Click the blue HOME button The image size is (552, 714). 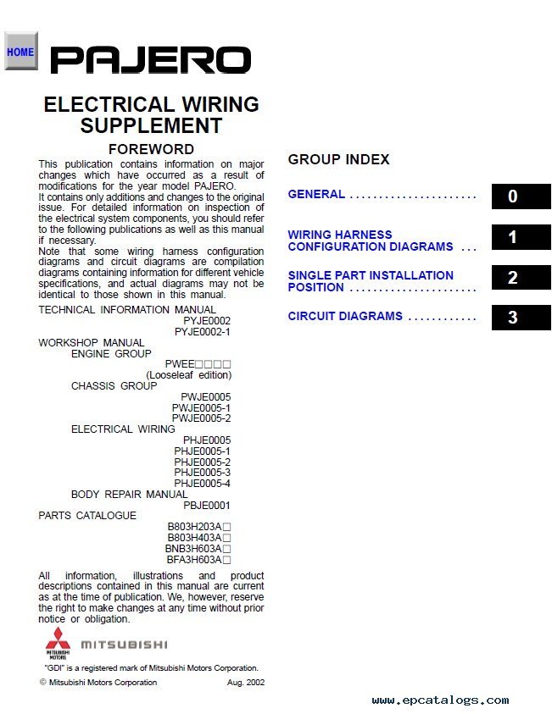pos(20,52)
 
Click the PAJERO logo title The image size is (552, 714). pos(150,60)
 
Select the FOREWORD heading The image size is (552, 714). pos(151,149)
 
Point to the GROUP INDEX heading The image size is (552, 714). pos(338,159)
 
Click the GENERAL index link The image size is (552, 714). pos(316,194)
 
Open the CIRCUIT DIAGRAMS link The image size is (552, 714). pos(345,316)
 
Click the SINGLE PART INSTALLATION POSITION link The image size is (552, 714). pos(371,281)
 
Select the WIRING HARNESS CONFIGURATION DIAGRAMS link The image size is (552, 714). pos(371,241)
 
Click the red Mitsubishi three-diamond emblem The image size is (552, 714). pos(58,641)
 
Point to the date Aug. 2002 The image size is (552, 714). pos(245,683)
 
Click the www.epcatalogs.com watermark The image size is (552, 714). pos(440,700)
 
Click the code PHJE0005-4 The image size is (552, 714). pos(202,484)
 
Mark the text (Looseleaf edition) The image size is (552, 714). pos(188,374)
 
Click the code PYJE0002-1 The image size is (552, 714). pos(202,332)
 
